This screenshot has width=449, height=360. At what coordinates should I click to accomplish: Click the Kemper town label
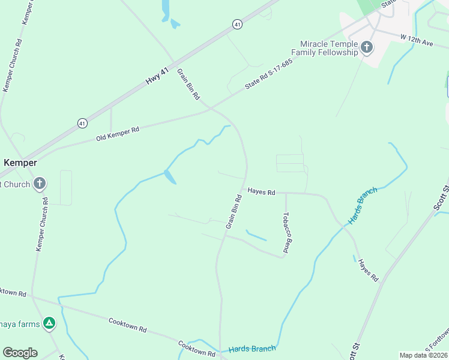20,163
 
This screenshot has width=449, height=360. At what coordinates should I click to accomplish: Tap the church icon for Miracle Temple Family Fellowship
367,47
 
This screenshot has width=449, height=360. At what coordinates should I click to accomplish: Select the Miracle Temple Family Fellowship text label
329,48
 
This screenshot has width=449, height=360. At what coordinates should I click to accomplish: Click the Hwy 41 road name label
158,74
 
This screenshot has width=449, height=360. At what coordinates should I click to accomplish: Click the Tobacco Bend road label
287,232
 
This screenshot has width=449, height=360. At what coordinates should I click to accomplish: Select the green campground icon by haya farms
50,324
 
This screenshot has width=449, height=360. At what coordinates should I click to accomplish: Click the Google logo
20,353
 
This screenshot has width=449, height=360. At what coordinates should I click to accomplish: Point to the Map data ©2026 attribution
423,355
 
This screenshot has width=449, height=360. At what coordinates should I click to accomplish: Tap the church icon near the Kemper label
40,184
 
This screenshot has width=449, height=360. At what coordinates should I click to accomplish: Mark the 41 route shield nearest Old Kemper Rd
82,123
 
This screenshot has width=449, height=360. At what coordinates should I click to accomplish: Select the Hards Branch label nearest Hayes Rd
363,205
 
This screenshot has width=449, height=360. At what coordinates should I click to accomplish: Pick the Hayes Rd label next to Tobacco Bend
261,192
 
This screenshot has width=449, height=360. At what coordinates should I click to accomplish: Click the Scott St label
442,197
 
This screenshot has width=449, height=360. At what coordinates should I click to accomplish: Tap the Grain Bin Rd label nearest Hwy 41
188,83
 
